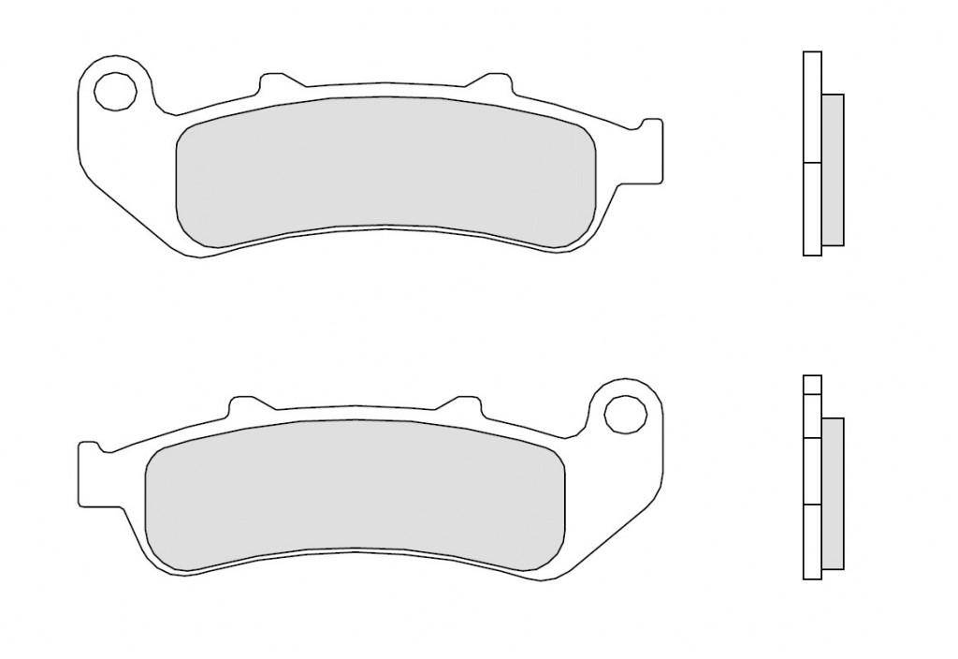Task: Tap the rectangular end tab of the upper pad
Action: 652,150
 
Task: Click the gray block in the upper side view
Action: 833,169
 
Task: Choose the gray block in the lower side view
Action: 832,493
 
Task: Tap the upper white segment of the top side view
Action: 812,108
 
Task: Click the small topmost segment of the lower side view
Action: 812,384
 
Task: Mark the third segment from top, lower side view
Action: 812,471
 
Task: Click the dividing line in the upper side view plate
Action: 812,164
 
